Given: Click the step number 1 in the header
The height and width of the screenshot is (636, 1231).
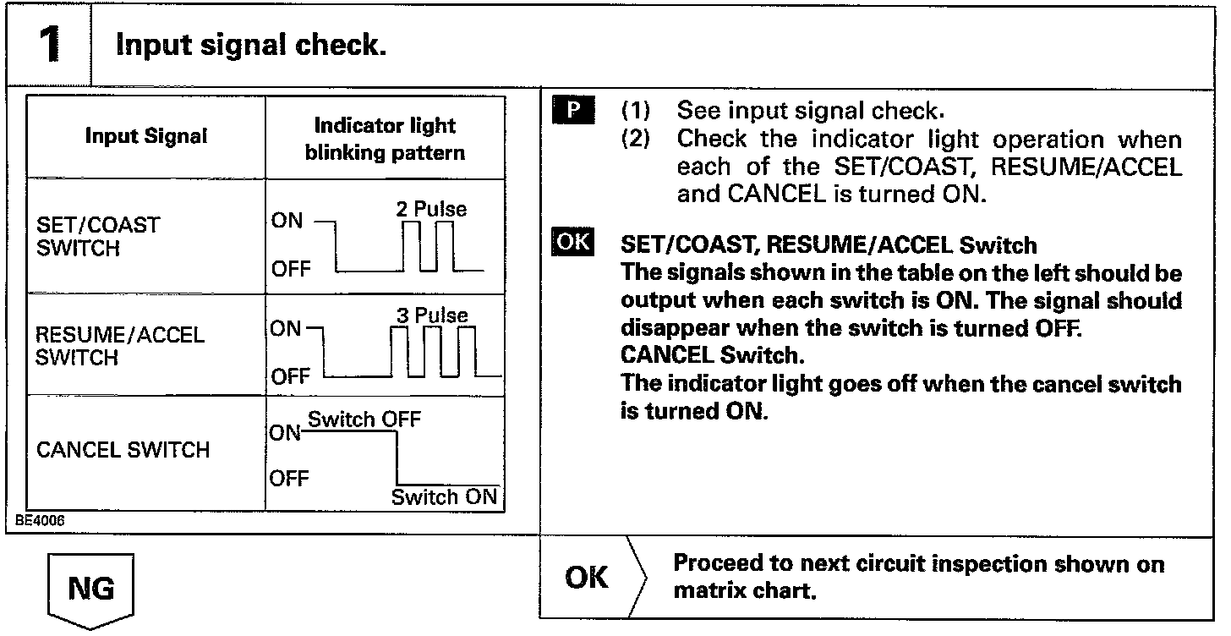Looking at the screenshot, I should [x=49, y=45].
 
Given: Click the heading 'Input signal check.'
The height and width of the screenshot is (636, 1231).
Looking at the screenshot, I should [x=251, y=45].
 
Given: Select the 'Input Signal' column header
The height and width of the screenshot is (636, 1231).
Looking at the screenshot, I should [x=146, y=136].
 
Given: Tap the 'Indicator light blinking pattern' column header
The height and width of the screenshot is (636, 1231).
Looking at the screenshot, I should [x=385, y=139].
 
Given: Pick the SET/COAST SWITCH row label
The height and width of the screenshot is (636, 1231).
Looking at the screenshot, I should [x=97, y=237].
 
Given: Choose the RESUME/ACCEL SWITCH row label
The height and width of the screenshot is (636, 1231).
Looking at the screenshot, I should [x=119, y=346].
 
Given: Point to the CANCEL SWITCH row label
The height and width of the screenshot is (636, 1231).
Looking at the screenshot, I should [x=123, y=449].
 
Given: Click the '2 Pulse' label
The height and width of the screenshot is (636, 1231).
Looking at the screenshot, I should [x=430, y=209].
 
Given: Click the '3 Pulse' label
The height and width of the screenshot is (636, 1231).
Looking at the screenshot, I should [x=431, y=316].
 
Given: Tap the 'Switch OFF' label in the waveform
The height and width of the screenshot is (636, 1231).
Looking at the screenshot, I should [x=364, y=419].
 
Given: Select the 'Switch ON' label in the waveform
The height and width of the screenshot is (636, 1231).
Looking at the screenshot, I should [x=444, y=497].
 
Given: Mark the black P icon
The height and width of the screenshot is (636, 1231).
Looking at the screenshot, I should [x=573, y=111].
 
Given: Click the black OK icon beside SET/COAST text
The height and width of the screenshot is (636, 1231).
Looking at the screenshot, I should [x=572, y=242].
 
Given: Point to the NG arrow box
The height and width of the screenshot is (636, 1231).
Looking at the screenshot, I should [x=90, y=589].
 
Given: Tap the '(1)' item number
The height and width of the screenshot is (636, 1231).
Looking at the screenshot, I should [x=636, y=112].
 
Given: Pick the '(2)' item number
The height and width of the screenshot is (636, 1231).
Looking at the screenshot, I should [x=636, y=139].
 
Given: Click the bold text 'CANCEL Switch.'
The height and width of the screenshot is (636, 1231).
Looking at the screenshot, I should [x=709, y=356].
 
